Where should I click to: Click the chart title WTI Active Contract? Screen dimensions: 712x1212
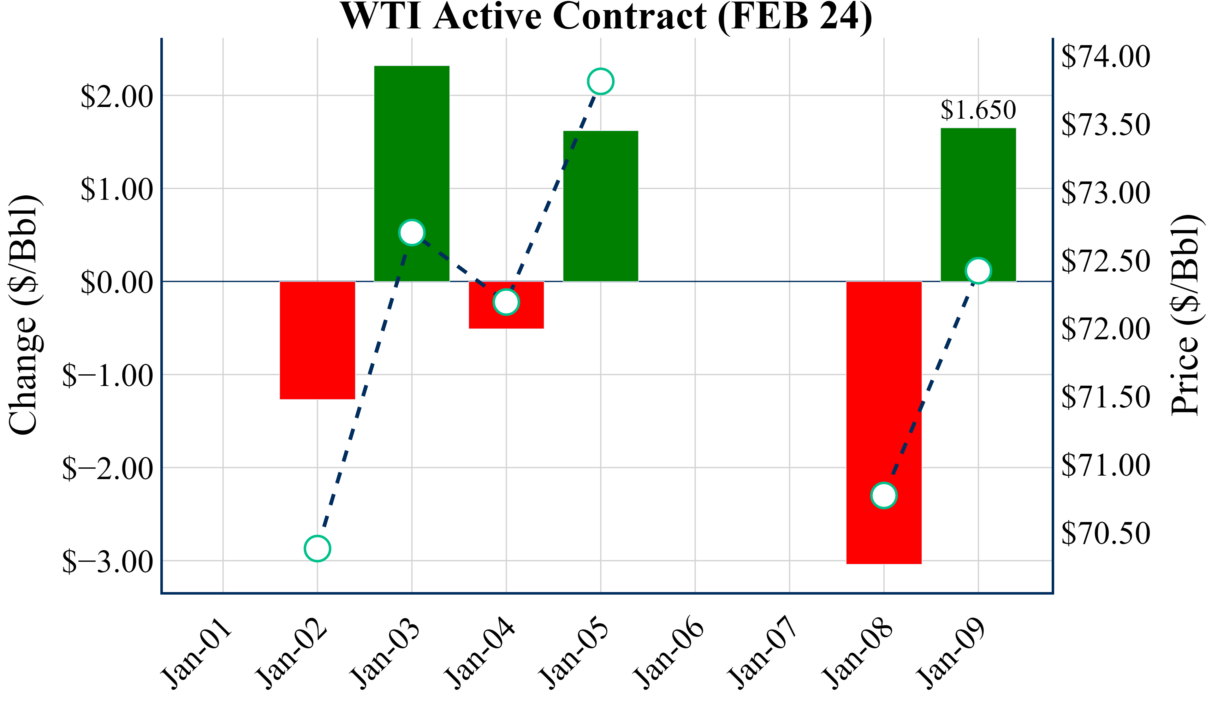pos(606,16)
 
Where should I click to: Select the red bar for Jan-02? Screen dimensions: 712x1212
pos(318,340)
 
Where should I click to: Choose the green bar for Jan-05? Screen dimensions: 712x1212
pos(601,206)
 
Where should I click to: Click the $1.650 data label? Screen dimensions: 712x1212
pos(978,110)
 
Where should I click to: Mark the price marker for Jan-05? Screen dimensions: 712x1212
pos(601,81)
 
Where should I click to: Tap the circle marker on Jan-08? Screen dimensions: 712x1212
pos(884,495)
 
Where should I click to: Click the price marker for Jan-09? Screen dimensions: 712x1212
pos(978,271)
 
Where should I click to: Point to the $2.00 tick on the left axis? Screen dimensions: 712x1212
pos(117,96)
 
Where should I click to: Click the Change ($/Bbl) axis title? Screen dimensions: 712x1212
pos(24,315)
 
